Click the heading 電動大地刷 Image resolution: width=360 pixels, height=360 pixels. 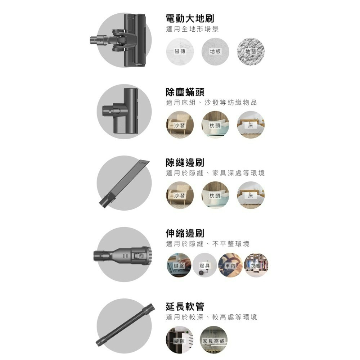coord(190,19)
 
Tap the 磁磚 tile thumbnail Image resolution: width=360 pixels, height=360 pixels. coord(180,51)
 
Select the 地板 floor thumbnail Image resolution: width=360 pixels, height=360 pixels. coord(215,51)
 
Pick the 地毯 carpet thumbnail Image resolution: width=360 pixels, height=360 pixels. coord(251,51)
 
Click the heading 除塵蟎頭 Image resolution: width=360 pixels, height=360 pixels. coord(185,92)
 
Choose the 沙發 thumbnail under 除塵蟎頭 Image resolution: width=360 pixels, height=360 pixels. coord(180,125)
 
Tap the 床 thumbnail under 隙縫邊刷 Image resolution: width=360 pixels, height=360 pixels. coord(251,195)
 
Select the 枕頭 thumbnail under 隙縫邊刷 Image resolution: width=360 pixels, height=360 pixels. coord(215,195)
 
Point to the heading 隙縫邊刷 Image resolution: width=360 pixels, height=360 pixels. coord(185,163)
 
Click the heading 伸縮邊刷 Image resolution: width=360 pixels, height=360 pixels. coord(185,233)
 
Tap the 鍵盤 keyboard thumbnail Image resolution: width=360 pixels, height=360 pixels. coord(179,265)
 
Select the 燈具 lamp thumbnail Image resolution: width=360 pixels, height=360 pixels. coord(204,265)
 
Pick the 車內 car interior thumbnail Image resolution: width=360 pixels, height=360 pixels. coord(230,265)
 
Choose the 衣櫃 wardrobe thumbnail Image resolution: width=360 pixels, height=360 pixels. coord(256,265)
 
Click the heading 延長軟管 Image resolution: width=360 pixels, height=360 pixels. coord(185,306)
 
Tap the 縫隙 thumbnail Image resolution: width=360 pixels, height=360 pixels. coord(180,340)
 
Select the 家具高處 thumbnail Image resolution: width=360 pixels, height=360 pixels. coord(213,340)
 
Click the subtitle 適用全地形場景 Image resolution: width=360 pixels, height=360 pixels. coord(192,29)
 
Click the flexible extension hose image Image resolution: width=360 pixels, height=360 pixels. coord(125,325)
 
